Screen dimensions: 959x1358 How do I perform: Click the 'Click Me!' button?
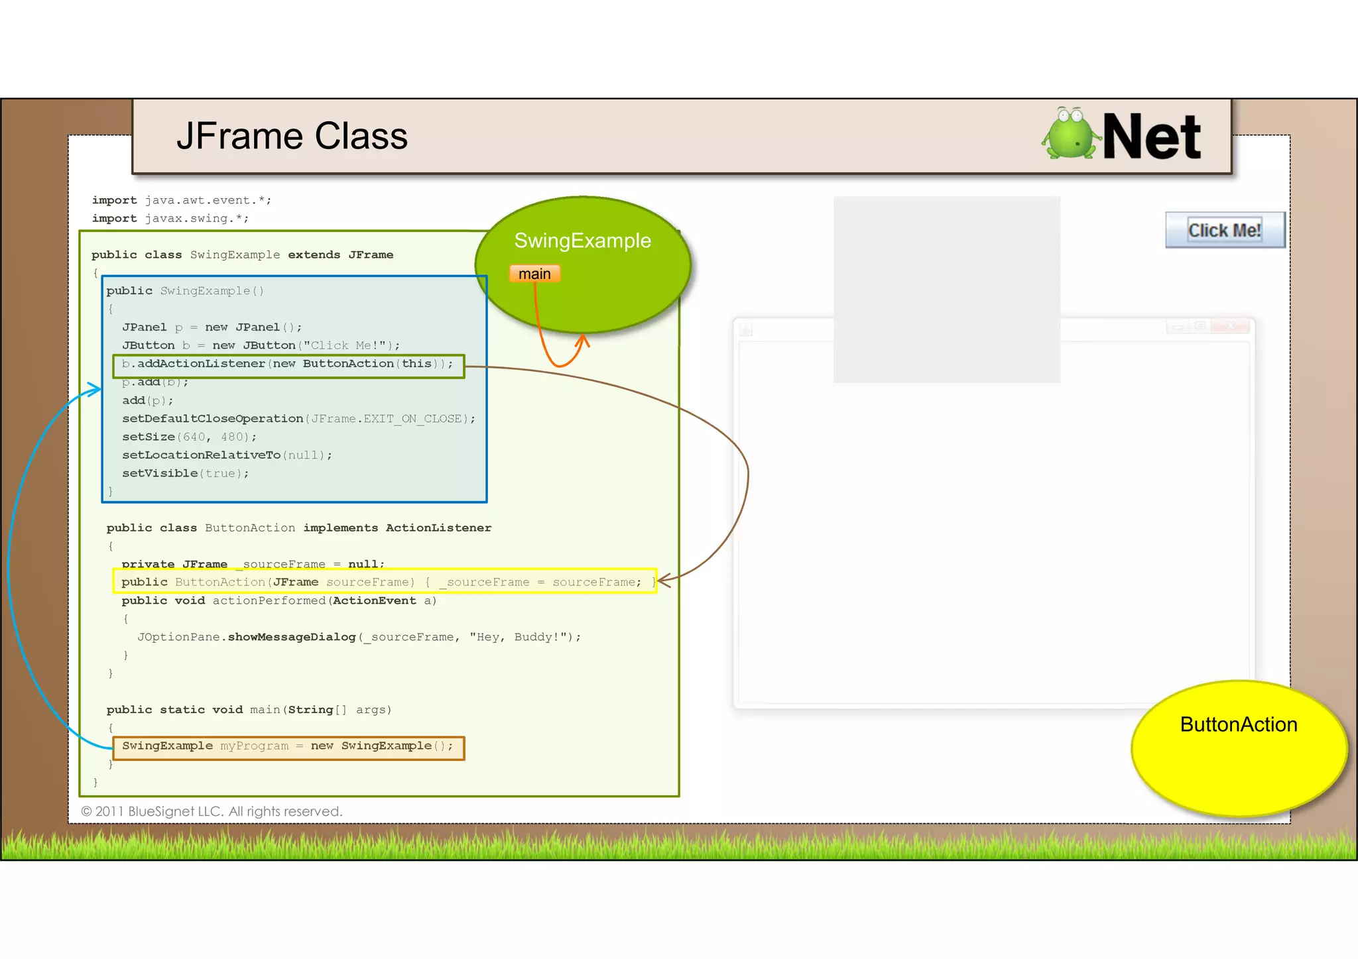click(x=1224, y=230)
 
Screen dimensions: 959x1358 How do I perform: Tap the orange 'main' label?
click(x=534, y=274)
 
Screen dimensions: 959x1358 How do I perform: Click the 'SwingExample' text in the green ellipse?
click(x=582, y=241)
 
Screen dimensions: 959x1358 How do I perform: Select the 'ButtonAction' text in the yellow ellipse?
click(x=1238, y=724)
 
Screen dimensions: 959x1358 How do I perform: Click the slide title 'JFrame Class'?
click(x=292, y=137)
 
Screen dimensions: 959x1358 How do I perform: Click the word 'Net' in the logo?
click(x=1151, y=137)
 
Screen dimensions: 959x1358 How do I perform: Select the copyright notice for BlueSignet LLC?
click(x=212, y=811)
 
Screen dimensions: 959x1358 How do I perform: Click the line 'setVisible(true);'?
click(x=185, y=473)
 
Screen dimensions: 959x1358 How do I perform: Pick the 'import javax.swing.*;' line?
click(x=170, y=218)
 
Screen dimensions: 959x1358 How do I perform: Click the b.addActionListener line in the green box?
click(x=288, y=364)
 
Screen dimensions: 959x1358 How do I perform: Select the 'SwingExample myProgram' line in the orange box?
click(x=288, y=746)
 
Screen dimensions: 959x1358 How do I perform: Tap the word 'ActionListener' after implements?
click(x=438, y=528)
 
